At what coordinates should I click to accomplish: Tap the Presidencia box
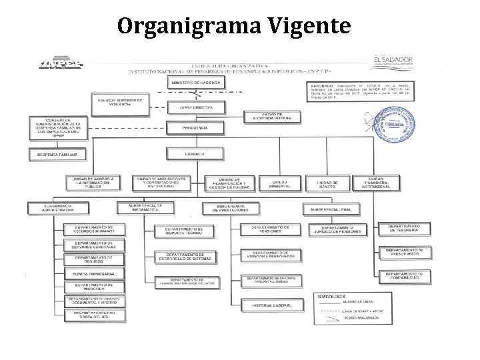(195, 127)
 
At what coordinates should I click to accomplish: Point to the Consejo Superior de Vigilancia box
(121, 102)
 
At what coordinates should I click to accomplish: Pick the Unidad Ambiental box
(279, 183)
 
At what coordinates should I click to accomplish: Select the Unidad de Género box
(327, 183)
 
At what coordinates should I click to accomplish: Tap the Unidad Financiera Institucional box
(377, 183)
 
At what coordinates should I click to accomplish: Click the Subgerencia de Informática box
(146, 208)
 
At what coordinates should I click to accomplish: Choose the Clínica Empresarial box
(94, 274)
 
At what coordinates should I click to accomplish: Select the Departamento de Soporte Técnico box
(185, 231)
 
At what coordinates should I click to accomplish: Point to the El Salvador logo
(393, 62)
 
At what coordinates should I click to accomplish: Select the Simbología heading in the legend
(331, 295)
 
